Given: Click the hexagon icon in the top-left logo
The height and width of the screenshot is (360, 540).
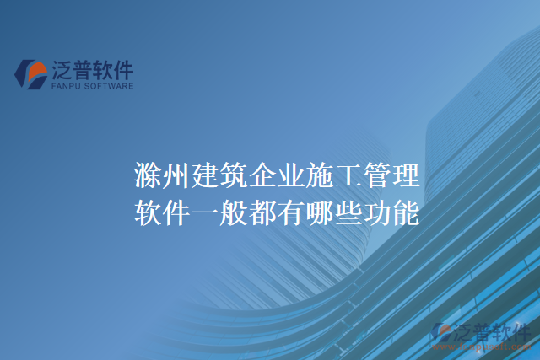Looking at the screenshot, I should [x=30, y=73].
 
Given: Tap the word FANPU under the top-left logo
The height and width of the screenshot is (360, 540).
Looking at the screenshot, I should [x=68, y=85].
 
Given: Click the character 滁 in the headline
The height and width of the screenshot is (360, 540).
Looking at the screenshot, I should [x=149, y=178].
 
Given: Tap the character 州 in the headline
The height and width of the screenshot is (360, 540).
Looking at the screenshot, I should [x=178, y=178].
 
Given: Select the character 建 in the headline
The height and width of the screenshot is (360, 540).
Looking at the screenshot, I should [x=207, y=178].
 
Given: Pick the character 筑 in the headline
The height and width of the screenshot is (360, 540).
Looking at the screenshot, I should [x=235, y=178].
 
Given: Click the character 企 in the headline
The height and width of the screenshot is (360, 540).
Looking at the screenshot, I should [x=264, y=178].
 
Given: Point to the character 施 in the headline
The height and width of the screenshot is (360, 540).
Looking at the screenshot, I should [x=321, y=178].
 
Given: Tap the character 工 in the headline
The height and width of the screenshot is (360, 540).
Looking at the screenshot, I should [x=350, y=178].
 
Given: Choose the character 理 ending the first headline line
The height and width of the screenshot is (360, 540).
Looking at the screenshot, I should [x=408, y=178].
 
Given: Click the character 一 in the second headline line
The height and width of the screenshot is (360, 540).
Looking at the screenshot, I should [x=207, y=212].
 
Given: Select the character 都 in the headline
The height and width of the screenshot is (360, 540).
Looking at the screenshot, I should [x=264, y=212].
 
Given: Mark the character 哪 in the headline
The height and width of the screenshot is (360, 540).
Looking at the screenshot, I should [x=321, y=212].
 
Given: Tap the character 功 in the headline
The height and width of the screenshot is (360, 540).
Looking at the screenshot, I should [x=379, y=212].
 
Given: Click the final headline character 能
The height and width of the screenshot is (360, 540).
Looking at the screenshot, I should [x=408, y=212].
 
